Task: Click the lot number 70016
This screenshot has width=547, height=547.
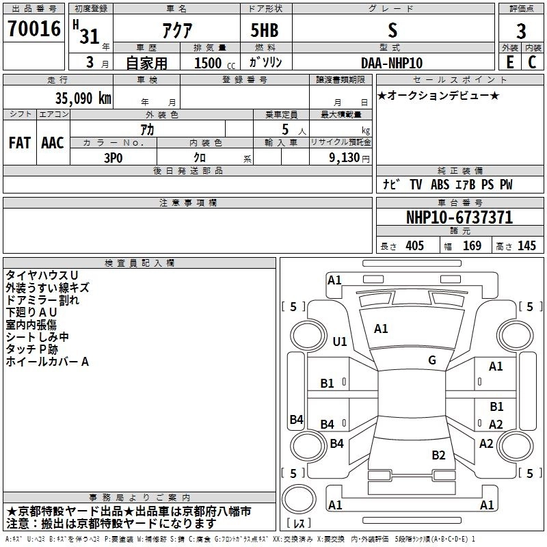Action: coord(34,29)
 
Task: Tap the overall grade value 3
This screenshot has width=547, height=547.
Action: coord(521,31)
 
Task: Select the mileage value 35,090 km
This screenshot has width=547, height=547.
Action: coord(83,98)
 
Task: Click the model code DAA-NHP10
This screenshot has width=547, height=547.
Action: coord(391,63)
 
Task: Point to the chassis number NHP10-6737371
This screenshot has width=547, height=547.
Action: coord(459,217)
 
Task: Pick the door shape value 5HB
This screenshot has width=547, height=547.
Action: coord(265,30)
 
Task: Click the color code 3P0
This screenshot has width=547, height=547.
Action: coord(114,158)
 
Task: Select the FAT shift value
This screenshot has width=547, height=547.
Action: coord(20,143)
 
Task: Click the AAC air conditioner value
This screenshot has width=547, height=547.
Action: coord(53,143)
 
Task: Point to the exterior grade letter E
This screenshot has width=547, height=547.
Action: coord(510,62)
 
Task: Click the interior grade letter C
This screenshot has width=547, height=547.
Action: coord(532,62)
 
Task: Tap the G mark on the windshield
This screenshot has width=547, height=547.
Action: coord(432,360)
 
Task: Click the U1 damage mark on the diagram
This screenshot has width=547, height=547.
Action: coord(340,341)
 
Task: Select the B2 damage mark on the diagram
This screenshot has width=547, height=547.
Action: coord(438,455)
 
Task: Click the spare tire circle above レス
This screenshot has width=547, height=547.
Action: coord(299,499)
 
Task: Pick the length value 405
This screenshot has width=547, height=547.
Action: coord(415,246)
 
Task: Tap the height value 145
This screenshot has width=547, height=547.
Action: coord(526,246)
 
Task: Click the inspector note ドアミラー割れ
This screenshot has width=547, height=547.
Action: coord(42,300)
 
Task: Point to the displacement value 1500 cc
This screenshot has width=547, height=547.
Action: coord(215,63)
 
